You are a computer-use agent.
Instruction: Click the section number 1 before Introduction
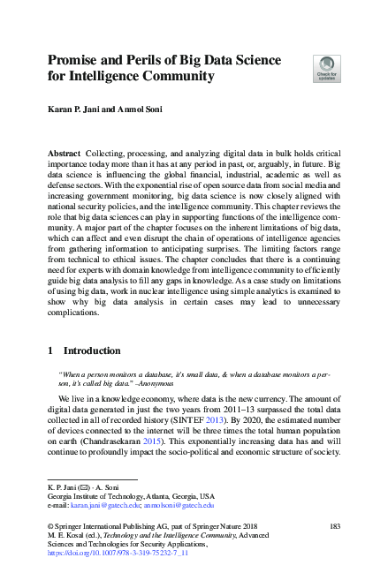pyautogui.click(x=50, y=351)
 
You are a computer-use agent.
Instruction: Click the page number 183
pyautogui.click(x=333, y=525)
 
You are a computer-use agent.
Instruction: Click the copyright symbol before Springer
pyautogui.click(x=50, y=525)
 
